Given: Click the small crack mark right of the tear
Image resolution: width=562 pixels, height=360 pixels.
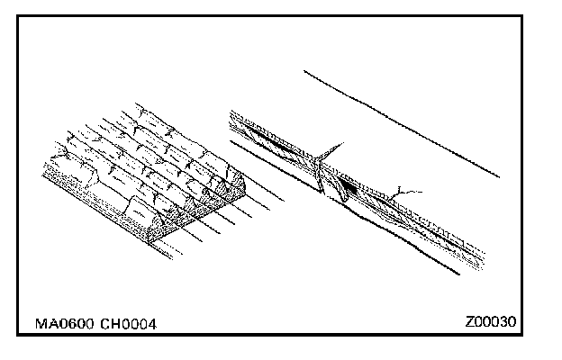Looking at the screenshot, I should tap(410, 190).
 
